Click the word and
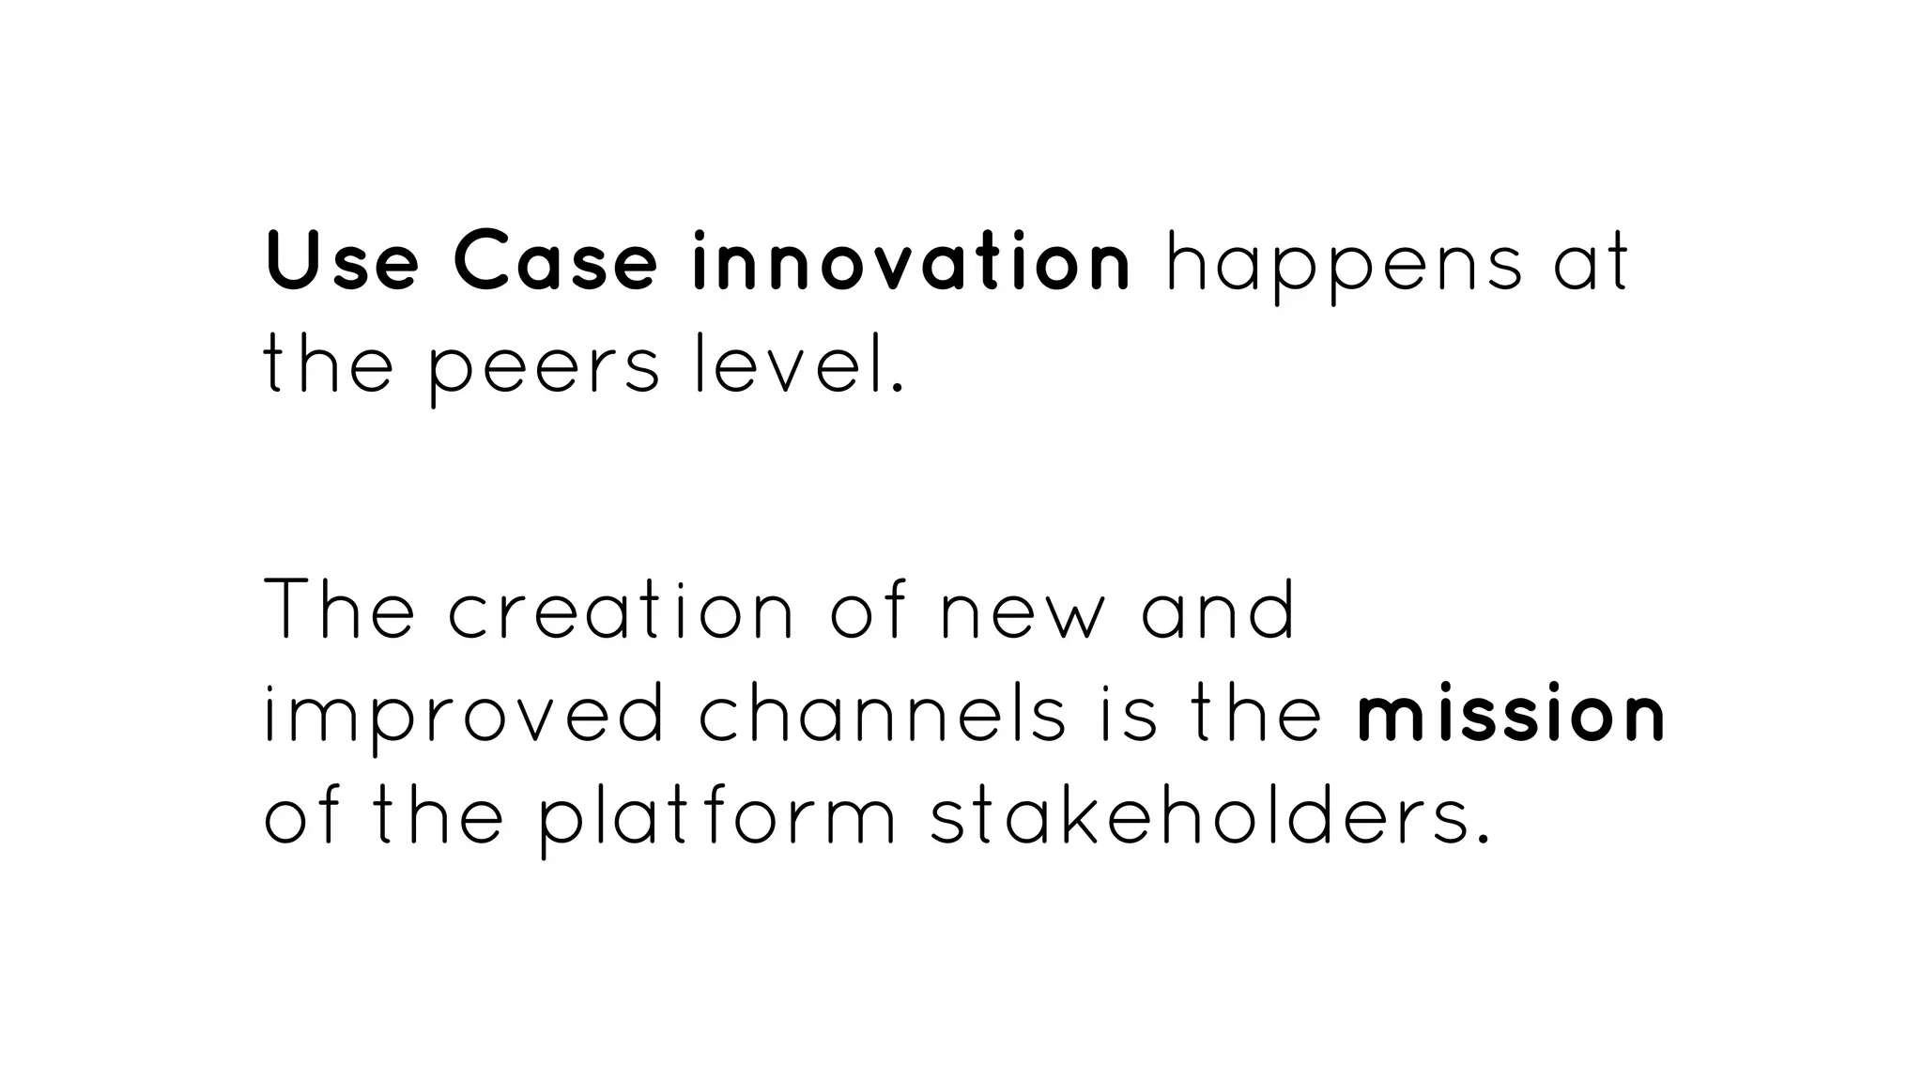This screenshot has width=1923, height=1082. coord(1219,610)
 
